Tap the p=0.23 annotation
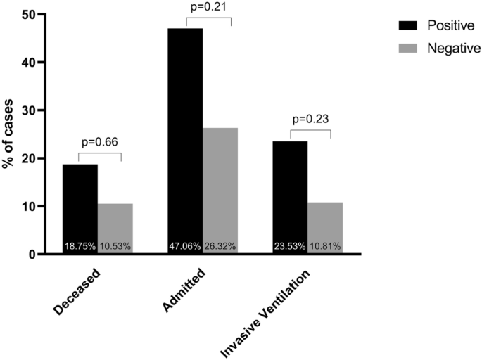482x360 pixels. pyautogui.click(x=310, y=119)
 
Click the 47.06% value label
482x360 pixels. pyautogui.click(x=185, y=246)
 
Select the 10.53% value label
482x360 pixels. pyautogui.click(x=115, y=246)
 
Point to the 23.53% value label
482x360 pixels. pyautogui.click(x=291, y=246)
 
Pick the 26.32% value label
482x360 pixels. pyautogui.click(x=220, y=246)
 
